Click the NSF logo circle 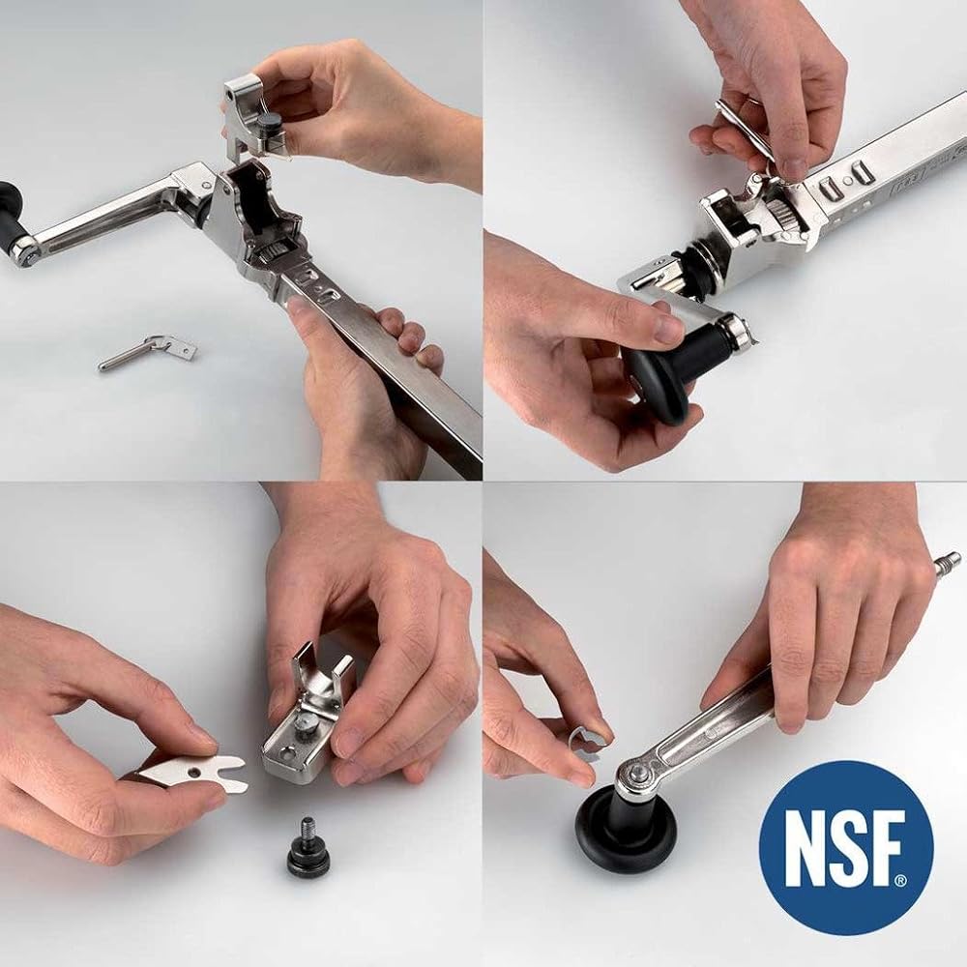tap(845, 847)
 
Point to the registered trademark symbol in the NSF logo tap(899, 881)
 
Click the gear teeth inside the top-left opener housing tap(274, 250)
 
